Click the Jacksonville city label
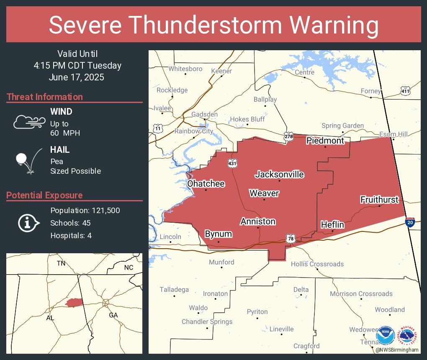pos(280,174)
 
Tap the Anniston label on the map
pos(258,221)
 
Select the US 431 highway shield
pos(232,164)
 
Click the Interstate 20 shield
pos(411,223)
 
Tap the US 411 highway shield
pos(405,91)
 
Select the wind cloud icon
pos(29,122)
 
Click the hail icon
pos(27,160)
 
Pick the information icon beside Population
pos(28,223)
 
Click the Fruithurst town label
pos(379,200)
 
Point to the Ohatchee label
pos(206,184)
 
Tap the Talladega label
pos(174,290)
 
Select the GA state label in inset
pos(113,315)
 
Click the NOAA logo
pos(385,335)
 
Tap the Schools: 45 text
pos(70,223)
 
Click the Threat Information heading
pos(45,97)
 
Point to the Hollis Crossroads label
pos(317,264)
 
